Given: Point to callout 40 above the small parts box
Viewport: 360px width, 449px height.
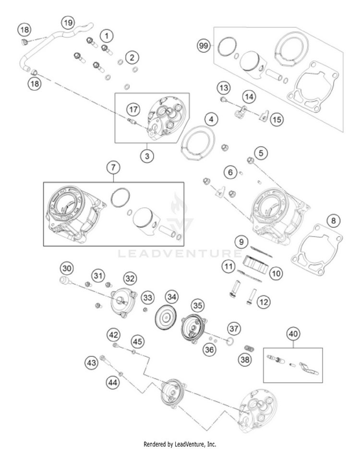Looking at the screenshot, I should click(x=293, y=333).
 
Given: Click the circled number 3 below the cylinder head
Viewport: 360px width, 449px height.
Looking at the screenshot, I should click(x=147, y=156).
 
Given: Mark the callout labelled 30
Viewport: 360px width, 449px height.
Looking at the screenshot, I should click(x=67, y=268).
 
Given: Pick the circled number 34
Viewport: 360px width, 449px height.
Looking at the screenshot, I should click(x=171, y=297).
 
